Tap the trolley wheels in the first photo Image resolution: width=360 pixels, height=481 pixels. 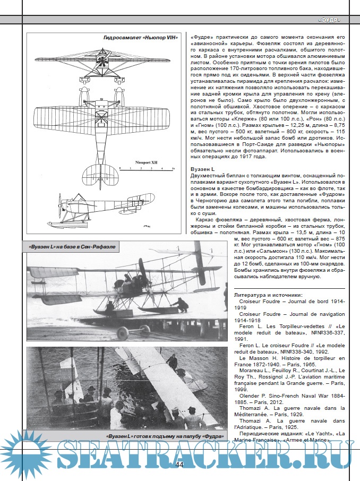pyautogui.click(x=122, y=333)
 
